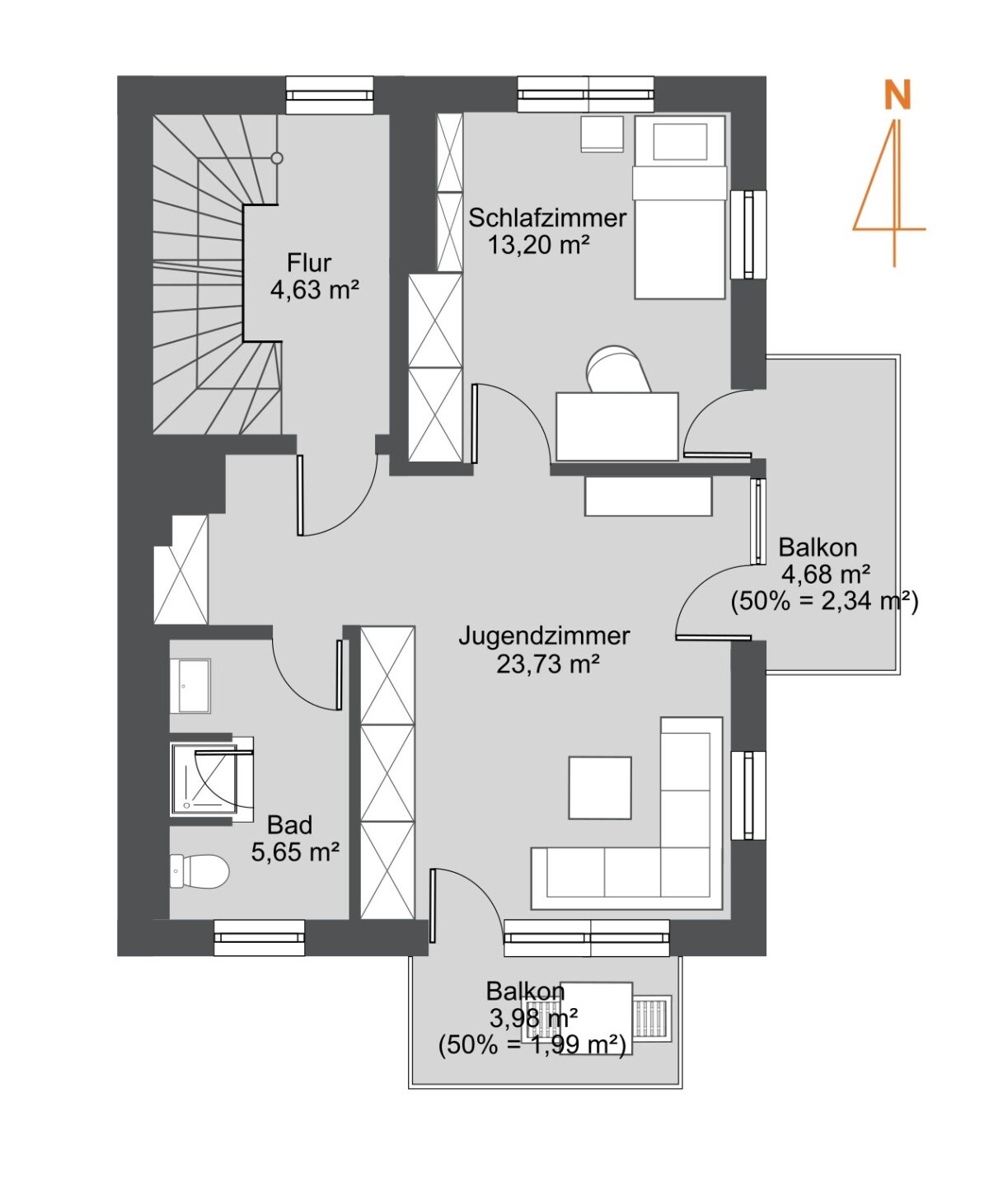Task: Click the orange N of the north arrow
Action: coord(897,95)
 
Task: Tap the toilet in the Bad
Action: coord(199,871)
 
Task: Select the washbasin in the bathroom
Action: coord(190,685)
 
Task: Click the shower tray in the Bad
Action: coord(204,779)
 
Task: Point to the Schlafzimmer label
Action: coord(547,218)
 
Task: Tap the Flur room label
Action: coord(309,262)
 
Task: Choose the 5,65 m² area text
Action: coord(295,851)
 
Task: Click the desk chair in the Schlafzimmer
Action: coord(617,368)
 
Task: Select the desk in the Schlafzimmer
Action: coord(616,426)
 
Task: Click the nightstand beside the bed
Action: coord(602,134)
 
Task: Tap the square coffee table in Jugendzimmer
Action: coord(600,787)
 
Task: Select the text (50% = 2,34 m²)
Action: coord(824,601)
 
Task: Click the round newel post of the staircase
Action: coord(277,158)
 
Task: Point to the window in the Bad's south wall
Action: coord(260,938)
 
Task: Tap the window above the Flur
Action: coord(330,95)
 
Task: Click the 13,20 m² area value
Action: coord(538,245)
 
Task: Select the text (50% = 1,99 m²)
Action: coord(532,1045)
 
